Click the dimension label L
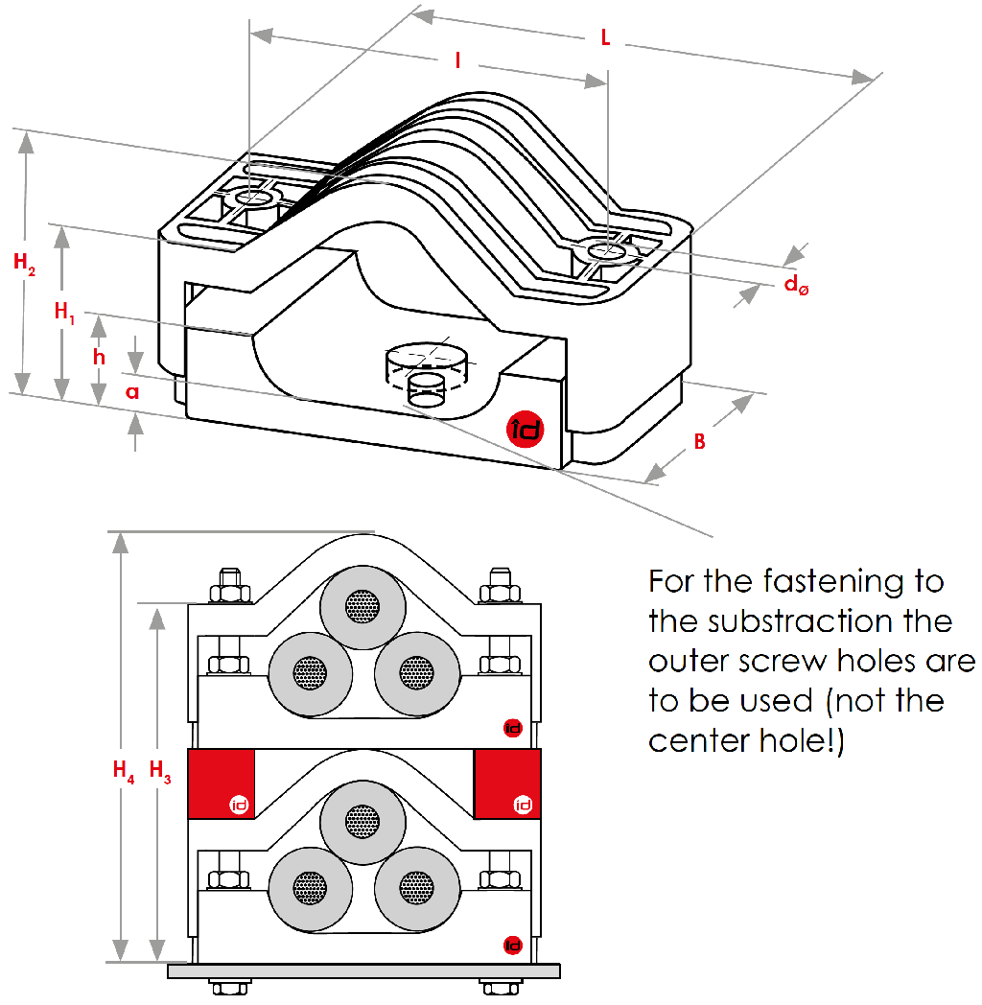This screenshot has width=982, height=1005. (x=605, y=37)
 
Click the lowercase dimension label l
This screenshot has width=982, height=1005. (x=458, y=60)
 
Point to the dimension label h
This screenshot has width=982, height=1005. (x=100, y=355)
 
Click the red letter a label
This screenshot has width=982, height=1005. (x=132, y=391)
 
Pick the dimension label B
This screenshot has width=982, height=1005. (x=700, y=442)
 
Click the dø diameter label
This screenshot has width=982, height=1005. (x=796, y=285)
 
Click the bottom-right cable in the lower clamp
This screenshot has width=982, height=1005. (x=414, y=882)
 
